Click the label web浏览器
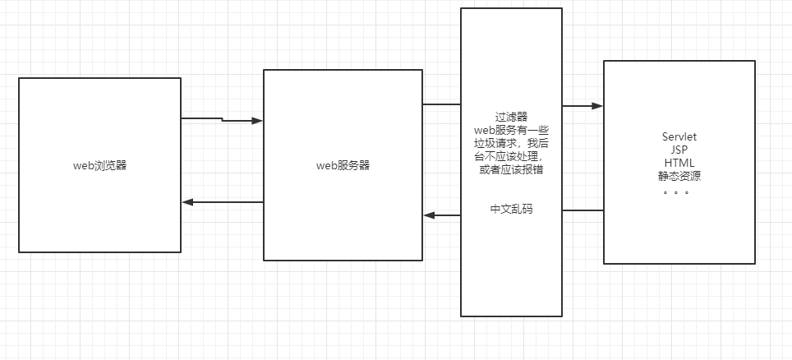(x=99, y=165)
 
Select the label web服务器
(x=343, y=165)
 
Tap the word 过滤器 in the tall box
(x=511, y=118)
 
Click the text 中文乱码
(x=511, y=209)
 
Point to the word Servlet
(x=679, y=136)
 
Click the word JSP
(x=679, y=150)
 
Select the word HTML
(x=679, y=163)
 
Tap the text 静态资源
(x=679, y=176)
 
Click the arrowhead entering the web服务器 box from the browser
(x=257, y=121)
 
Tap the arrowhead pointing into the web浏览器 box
(x=187, y=202)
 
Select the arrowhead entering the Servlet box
(x=597, y=106)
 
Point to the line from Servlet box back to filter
(x=582, y=210)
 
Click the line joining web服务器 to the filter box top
(x=441, y=104)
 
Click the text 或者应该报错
(x=511, y=169)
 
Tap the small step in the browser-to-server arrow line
(x=222, y=120)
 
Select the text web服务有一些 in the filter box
(x=511, y=130)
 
